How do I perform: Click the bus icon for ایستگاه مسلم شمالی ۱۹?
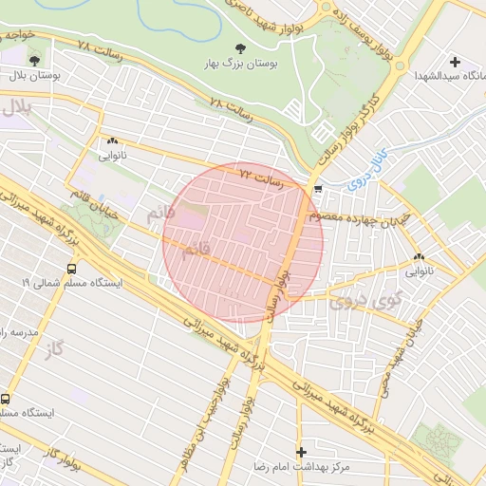tap(72, 269)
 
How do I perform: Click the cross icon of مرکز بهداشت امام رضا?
tap(302, 452)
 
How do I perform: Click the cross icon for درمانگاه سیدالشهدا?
tap(456, 62)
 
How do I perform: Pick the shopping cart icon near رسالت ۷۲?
tap(318, 188)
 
